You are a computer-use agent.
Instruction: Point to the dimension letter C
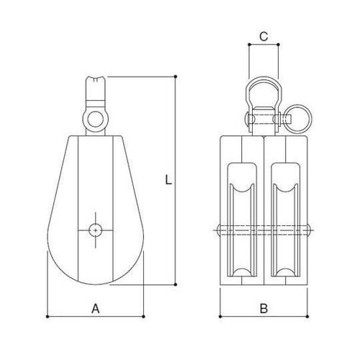(x=264, y=35)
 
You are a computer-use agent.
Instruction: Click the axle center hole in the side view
(x=96, y=228)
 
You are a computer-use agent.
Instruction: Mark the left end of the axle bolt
(x=217, y=230)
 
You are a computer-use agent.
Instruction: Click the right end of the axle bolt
(x=310, y=230)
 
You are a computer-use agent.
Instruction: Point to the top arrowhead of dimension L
(x=176, y=77)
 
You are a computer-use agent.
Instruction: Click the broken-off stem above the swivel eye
(x=96, y=89)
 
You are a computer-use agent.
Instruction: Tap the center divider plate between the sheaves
(x=264, y=216)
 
